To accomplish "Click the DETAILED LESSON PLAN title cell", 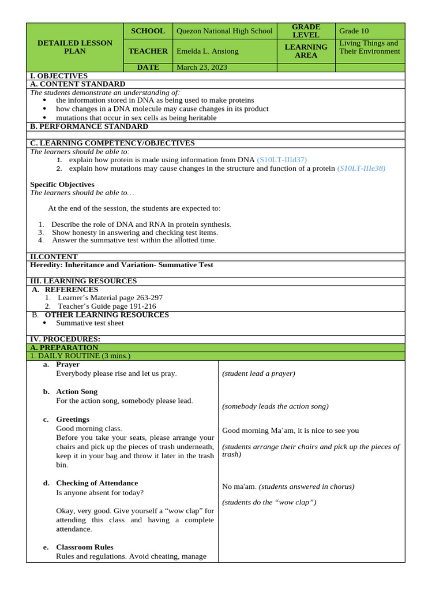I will tap(75, 47).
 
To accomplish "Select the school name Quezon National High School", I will tap(224, 31).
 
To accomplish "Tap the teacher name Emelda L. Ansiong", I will tap(207, 51).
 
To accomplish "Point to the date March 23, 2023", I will tap(201, 68).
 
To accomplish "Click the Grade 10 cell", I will tap(353, 31).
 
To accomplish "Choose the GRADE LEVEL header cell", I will tap(306, 31).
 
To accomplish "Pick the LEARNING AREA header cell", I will tap(306, 51).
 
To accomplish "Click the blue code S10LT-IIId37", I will tap(282, 159).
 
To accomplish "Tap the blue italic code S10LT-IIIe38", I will tap(361, 169).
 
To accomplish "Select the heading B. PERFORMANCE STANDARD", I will tap(89, 126).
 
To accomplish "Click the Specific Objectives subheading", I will tap(62, 185).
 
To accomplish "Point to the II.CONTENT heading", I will tap(54, 257).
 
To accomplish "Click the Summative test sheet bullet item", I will tap(90, 323).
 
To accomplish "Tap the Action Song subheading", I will tap(77, 392).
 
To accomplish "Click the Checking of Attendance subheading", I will tap(97, 483).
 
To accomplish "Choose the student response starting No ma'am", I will tap(288, 487).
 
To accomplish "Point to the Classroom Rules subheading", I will tap(84, 547).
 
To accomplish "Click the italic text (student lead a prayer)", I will tap(258, 373).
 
